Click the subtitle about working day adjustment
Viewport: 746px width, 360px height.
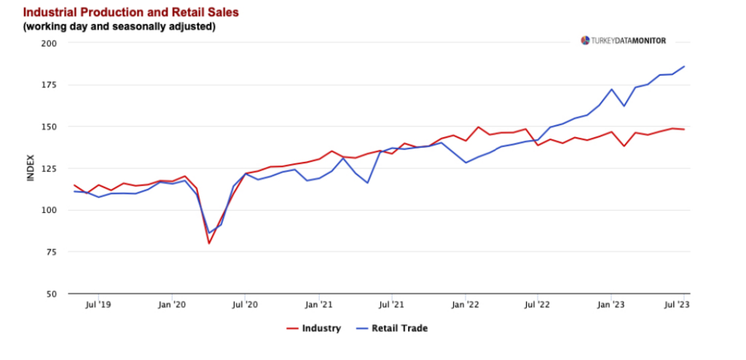pyautogui.click(x=119, y=27)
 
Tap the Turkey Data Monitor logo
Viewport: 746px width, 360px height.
pyautogui.click(x=623, y=41)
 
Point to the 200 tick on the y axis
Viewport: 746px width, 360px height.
pyautogui.click(x=50, y=43)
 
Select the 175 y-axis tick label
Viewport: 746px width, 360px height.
pyautogui.click(x=50, y=85)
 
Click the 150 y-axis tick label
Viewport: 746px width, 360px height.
pyautogui.click(x=50, y=127)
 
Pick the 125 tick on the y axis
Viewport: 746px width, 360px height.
pyautogui.click(x=50, y=169)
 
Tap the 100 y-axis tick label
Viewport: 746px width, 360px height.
pyautogui.click(x=50, y=211)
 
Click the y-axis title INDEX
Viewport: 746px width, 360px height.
pyautogui.click(x=31, y=168)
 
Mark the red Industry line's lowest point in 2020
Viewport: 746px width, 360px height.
pyautogui.click(x=209, y=243)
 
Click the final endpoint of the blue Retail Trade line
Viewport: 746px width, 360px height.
pyautogui.click(x=684, y=66)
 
